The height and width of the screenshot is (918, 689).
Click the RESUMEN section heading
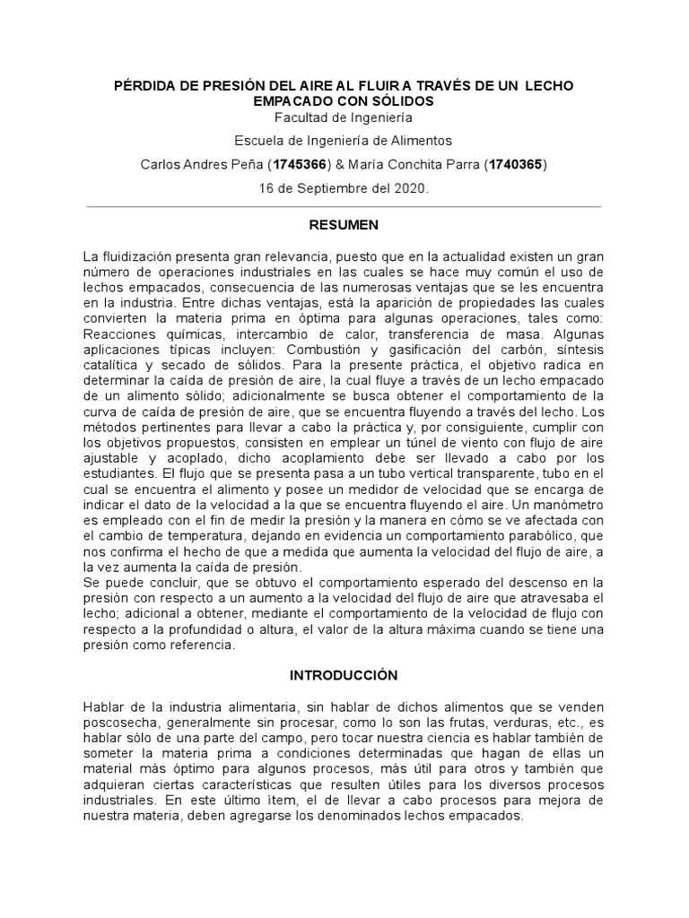click(344, 224)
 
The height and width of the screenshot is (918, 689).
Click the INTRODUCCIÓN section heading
click(344, 674)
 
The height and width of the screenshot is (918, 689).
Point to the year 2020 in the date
click(412, 188)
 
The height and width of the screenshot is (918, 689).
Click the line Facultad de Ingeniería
click(344, 117)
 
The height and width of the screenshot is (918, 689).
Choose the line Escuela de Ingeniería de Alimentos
click(344, 141)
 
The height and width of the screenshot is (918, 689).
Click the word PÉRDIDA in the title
click(148, 86)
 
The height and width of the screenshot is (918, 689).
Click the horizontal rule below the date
click(344, 206)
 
